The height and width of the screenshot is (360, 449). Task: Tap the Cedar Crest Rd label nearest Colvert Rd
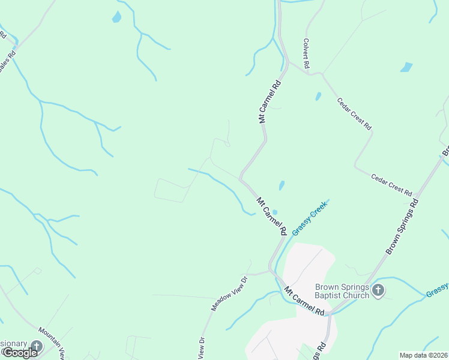click(354, 114)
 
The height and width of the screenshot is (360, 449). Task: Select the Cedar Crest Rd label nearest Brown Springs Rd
click(391, 185)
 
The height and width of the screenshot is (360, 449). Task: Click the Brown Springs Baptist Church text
click(342, 291)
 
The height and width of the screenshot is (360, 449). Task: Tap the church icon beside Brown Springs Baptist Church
click(378, 291)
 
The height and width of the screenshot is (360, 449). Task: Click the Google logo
click(19, 353)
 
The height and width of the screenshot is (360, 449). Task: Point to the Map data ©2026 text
click(423, 355)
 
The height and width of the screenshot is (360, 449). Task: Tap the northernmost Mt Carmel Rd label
click(270, 101)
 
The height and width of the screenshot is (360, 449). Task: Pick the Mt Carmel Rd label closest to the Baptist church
click(304, 301)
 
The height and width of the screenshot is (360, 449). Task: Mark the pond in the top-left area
click(116, 17)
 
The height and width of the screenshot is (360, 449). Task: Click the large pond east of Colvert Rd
click(406, 67)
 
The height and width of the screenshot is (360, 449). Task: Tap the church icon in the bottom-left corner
click(37, 346)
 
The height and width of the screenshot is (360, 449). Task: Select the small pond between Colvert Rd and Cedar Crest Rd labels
click(318, 96)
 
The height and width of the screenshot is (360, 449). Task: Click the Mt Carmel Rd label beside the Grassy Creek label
click(271, 216)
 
